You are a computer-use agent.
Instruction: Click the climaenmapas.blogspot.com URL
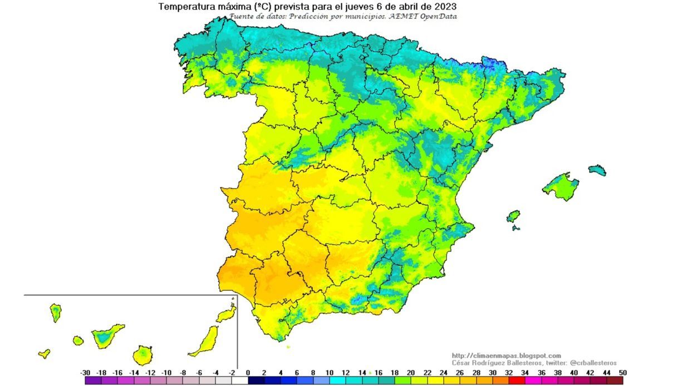(506, 355)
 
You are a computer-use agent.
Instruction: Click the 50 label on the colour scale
(622, 373)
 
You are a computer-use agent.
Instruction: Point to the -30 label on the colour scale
(85, 373)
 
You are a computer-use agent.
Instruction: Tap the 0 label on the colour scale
(248, 373)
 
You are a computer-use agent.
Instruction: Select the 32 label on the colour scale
(509, 373)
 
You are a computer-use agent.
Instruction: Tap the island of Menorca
(597, 170)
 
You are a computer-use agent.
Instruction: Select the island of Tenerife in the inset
(106, 336)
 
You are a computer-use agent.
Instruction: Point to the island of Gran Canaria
(143, 354)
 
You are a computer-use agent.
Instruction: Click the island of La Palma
(56, 312)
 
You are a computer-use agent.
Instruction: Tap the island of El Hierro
(44, 353)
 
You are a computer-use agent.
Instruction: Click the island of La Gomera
(78, 340)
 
